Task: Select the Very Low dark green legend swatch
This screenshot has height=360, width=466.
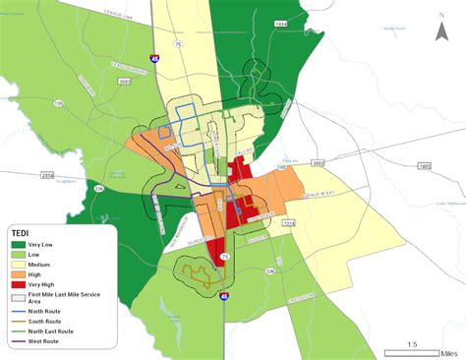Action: [x=19, y=243]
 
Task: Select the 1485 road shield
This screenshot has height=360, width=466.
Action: [x=425, y=167]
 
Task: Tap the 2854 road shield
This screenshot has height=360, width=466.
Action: [x=48, y=175]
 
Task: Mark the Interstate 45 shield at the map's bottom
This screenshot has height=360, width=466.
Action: [x=224, y=295]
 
